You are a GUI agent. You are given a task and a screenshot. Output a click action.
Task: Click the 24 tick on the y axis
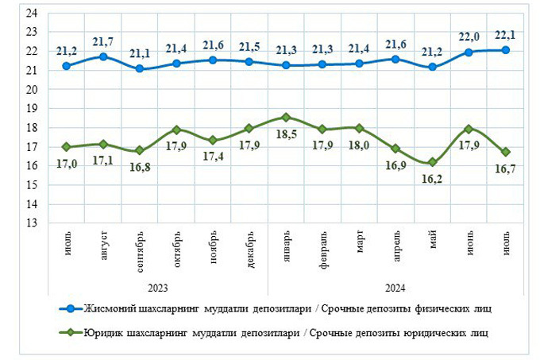click(33, 13)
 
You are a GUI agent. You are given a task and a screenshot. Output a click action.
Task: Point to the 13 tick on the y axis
click(33, 223)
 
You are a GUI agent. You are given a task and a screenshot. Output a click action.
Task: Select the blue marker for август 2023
click(103, 56)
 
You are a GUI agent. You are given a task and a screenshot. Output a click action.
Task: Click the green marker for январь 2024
click(286, 117)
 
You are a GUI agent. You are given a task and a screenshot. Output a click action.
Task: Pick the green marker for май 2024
click(432, 162)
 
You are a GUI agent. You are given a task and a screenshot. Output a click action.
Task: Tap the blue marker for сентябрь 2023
click(140, 68)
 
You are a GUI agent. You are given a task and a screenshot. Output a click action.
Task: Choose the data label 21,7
click(103, 41)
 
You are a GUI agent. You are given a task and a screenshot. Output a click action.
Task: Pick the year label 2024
click(395, 287)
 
